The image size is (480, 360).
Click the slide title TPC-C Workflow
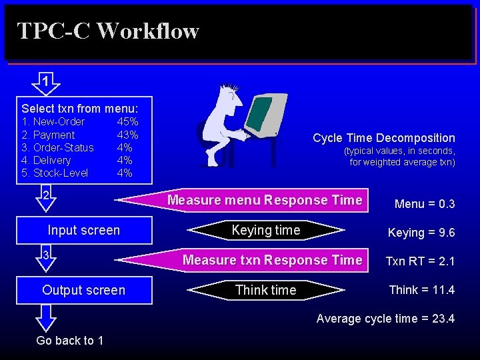107,31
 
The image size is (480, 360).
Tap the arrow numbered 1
45,83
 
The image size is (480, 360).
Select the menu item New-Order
53,122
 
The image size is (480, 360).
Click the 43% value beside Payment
127,135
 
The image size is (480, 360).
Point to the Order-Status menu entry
57,147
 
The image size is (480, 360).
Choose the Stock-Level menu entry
55,173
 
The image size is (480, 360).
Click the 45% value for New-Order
127,122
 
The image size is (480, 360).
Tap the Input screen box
84,231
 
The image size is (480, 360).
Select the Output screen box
84,290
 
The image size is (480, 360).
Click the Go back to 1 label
70,341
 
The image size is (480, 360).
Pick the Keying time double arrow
265,231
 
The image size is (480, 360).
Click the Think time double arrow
265,290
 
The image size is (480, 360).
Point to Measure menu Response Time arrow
265,200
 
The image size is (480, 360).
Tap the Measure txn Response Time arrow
272,260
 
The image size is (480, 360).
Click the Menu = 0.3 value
425,203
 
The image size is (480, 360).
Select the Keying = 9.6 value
421,233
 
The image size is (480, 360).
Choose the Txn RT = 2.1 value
420,261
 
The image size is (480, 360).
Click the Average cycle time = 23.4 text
385,319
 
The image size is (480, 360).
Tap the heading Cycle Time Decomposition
384,138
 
